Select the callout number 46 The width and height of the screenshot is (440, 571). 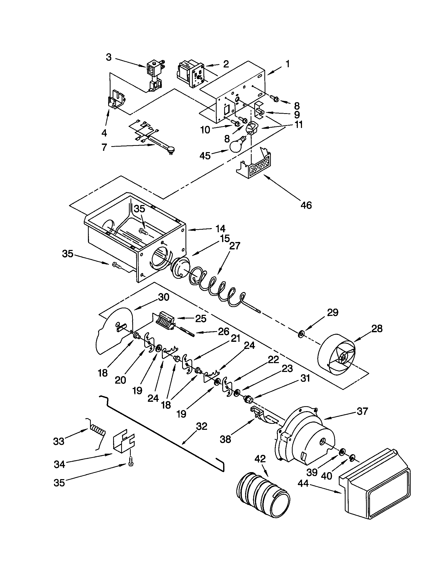click(306, 205)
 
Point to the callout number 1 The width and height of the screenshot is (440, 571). click(287, 64)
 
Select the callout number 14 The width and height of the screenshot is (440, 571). click(220, 229)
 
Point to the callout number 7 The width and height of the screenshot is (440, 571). click(104, 147)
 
